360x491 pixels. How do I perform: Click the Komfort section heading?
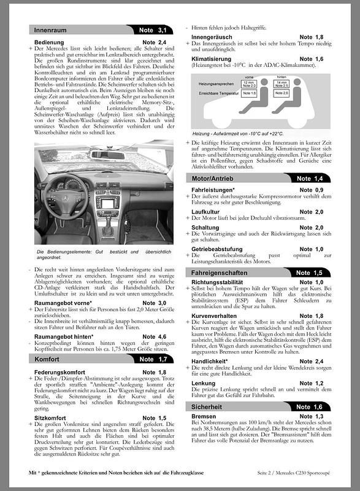47,358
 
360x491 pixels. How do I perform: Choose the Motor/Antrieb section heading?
214,178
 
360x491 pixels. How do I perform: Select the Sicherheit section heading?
209,406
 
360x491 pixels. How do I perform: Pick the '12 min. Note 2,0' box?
249,83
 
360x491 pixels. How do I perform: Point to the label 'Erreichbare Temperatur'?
219,92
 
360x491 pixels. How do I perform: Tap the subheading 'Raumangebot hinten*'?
64,336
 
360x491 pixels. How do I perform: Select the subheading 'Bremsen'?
204,416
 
